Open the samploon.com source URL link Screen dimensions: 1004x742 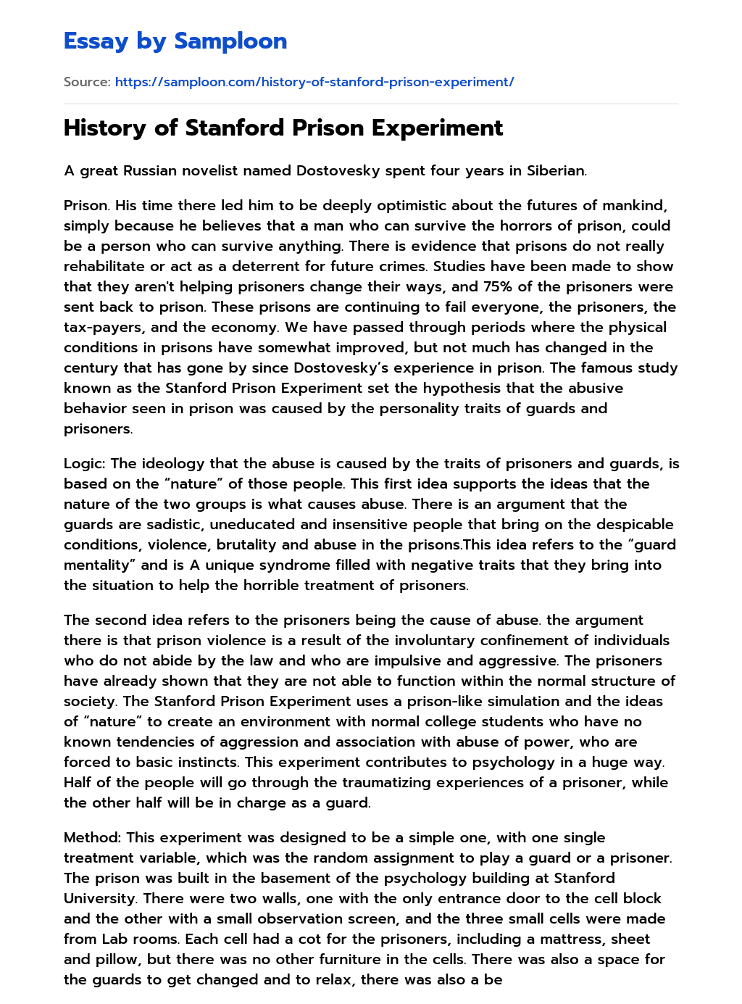point(314,82)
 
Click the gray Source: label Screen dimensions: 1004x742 point(87,82)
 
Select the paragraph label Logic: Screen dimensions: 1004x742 point(85,463)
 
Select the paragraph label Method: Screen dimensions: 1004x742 point(92,837)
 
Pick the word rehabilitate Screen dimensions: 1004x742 point(104,266)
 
